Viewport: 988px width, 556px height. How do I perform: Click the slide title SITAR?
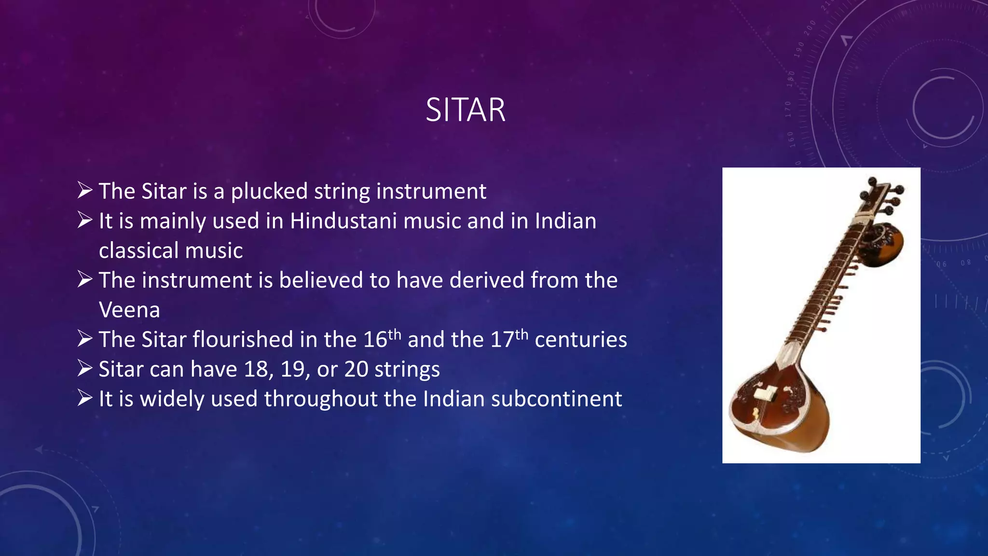[x=466, y=110]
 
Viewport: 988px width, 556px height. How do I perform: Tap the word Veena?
[x=129, y=310]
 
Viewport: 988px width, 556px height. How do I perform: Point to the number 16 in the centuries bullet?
[x=375, y=340]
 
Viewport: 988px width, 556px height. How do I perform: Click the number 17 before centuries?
[x=502, y=340]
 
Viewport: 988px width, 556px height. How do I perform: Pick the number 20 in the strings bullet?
[x=356, y=370]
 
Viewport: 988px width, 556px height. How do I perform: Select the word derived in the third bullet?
[x=487, y=280]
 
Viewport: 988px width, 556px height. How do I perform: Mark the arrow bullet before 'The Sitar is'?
[x=85, y=191]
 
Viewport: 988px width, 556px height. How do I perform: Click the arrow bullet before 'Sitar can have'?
[x=85, y=369]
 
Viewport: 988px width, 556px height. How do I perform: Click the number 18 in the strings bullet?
[x=256, y=370]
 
